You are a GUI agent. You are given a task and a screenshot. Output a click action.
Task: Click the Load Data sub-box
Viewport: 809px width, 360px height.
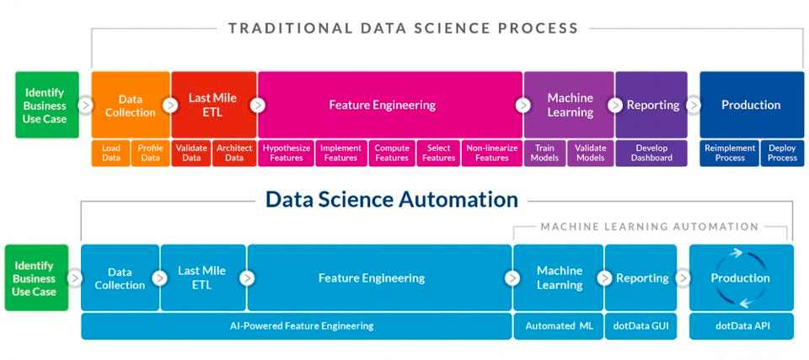click(x=110, y=153)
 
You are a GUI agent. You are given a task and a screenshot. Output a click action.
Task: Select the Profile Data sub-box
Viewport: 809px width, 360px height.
click(x=150, y=153)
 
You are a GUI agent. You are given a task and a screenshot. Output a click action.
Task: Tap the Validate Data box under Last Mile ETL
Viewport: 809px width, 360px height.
click(x=191, y=153)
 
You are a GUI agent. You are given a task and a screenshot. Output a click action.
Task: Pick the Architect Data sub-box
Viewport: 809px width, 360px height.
click(x=234, y=153)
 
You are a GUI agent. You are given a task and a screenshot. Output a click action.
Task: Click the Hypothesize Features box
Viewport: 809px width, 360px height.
click(x=287, y=153)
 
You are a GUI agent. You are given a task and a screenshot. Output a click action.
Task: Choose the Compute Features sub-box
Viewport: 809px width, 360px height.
click(x=392, y=153)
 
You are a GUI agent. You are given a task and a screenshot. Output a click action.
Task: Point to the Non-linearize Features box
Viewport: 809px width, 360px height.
click(x=491, y=153)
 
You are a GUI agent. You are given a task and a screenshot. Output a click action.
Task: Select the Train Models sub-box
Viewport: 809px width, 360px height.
click(x=544, y=153)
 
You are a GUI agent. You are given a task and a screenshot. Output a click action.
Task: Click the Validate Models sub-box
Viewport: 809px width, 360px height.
click(x=590, y=153)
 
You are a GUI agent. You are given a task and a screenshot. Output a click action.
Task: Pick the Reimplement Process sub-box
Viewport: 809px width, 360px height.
click(x=729, y=153)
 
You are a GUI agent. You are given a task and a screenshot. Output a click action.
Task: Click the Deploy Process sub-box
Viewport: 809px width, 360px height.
click(x=782, y=153)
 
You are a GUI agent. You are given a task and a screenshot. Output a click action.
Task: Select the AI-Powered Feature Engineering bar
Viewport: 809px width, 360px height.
click(x=296, y=325)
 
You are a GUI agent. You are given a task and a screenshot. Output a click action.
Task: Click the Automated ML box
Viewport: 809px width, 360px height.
click(x=558, y=325)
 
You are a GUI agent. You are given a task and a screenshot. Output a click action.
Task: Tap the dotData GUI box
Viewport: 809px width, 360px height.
click(x=640, y=325)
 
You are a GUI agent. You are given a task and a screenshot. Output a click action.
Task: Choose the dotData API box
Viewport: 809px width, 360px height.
click(x=741, y=325)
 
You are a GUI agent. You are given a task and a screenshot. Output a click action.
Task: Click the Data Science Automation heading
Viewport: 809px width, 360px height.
click(x=391, y=200)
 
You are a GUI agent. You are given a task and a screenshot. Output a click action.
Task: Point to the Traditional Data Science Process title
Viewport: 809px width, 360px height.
click(x=403, y=28)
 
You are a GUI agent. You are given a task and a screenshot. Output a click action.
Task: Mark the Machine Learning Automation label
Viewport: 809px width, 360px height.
click(x=649, y=227)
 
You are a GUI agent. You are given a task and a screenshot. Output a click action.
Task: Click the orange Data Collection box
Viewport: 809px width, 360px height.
click(x=130, y=105)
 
